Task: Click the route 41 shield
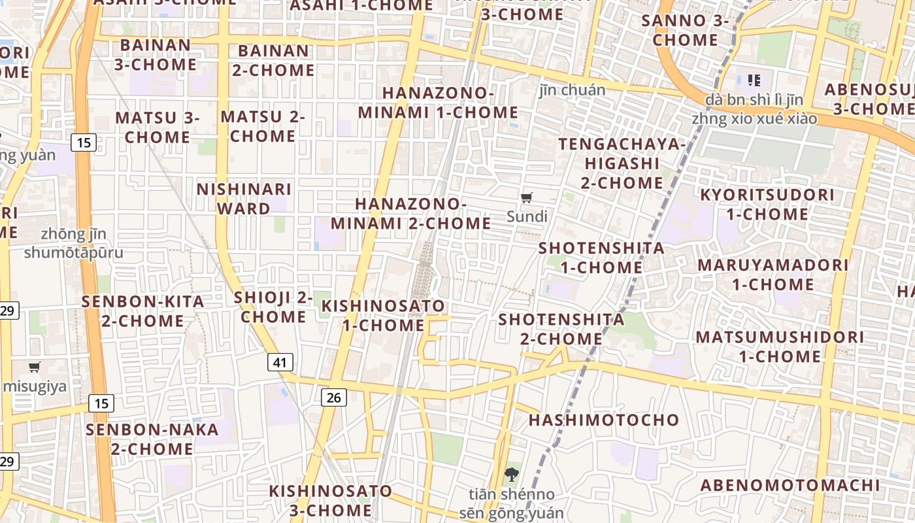point(280,362)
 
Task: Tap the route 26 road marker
point(333,397)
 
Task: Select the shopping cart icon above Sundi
point(527,197)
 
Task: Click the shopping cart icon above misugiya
point(35,367)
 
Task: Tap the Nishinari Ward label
point(244,199)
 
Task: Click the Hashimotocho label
point(604,420)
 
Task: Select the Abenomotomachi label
point(790,485)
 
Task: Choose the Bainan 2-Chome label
point(273,60)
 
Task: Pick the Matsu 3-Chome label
point(158,127)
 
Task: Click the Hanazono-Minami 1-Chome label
point(438,103)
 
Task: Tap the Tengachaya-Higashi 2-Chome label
point(622,163)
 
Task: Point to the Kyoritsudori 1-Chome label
point(767,205)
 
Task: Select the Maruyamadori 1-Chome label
point(773,275)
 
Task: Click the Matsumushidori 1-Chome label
point(780,346)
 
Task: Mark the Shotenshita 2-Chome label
point(561,329)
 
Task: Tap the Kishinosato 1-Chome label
point(383,315)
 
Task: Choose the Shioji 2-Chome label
point(273,307)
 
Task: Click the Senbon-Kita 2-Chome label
point(142,311)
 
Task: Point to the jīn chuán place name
point(573,90)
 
